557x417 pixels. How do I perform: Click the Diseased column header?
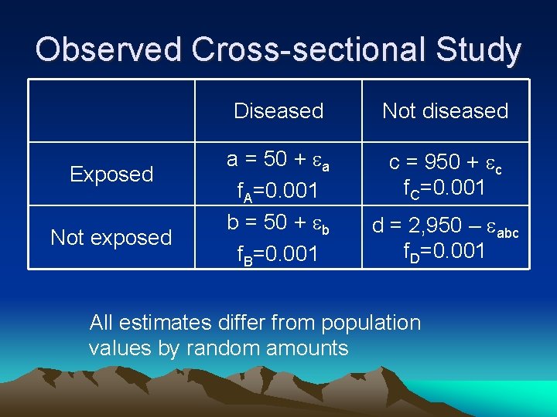[278, 111]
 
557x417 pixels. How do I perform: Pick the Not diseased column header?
[446, 111]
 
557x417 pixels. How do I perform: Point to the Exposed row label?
[111, 175]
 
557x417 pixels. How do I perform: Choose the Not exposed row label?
[111, 238]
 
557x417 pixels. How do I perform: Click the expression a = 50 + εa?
[278, 160]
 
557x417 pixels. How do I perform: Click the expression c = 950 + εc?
[446, 163]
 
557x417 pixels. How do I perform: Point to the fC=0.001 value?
[446, 188]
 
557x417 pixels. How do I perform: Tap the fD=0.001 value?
[446, 251]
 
